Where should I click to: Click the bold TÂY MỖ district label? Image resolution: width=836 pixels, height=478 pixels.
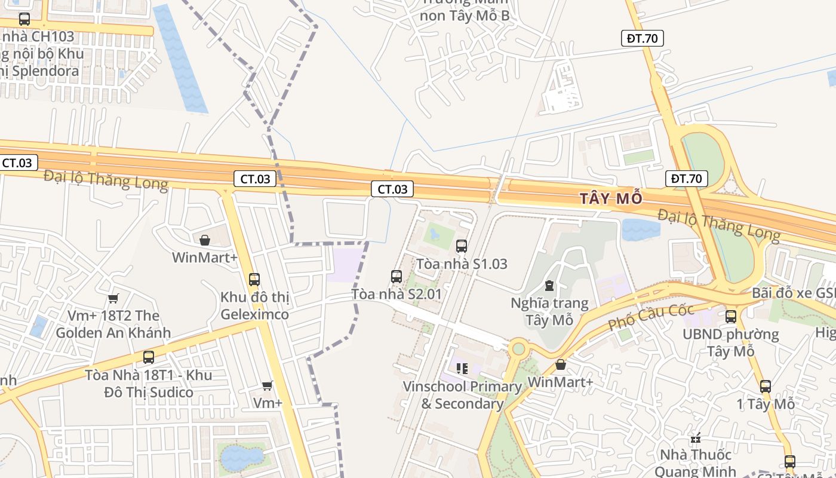[611, 198]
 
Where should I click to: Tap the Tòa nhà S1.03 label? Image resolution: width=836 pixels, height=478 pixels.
[462, 263]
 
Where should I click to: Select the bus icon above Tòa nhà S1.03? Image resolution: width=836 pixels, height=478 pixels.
[462, 246]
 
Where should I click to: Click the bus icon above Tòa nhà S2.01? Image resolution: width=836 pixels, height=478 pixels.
[397, 276]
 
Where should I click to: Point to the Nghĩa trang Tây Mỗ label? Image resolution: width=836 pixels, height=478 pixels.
[549, 311]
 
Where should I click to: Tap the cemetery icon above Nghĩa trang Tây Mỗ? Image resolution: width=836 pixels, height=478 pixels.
[549, 286]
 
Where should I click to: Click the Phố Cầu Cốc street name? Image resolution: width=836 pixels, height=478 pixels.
[651, 317]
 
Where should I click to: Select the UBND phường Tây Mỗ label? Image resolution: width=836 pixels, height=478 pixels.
[731, 342]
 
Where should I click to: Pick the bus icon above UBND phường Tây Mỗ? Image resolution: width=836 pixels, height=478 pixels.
[731, 317]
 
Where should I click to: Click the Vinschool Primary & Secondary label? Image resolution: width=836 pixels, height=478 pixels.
[462, 395]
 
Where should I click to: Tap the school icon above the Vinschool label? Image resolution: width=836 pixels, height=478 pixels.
[462, 369]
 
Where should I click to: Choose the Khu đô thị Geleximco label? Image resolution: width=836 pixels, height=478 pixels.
[254, 305]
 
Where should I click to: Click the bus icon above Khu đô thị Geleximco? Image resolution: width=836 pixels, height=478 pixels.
[254, 279]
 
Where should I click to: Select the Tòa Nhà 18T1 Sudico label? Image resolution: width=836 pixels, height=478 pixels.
[148, 384]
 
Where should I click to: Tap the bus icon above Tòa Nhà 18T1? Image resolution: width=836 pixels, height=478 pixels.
[148, 357]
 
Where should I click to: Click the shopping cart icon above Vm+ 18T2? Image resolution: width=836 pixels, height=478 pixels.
[113, 298]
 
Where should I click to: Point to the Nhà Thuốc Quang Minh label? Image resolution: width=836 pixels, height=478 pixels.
[695, 464]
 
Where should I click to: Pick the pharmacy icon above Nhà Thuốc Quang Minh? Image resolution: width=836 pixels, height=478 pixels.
[695, 438]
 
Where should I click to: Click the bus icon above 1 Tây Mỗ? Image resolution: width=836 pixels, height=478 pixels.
[766, 387]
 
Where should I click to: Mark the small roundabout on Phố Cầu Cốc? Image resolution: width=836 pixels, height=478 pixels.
[518, 348]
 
